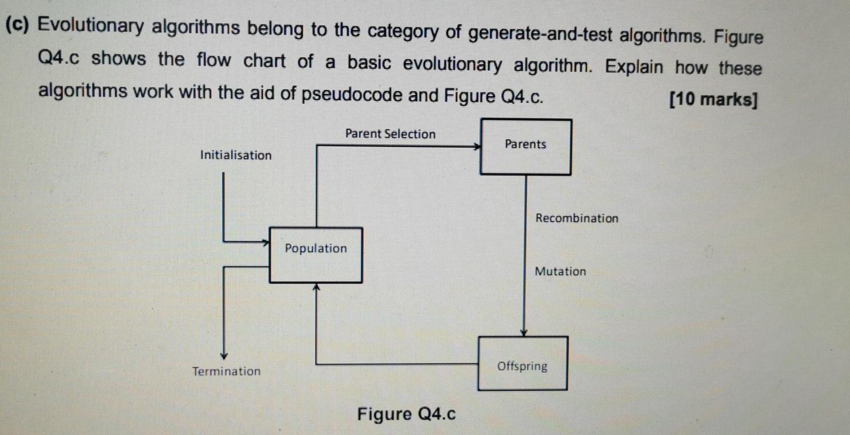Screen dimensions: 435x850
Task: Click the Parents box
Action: pos(526,147)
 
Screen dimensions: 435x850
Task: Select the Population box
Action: pos(316,255)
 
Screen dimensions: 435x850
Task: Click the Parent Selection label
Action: pos(390,134)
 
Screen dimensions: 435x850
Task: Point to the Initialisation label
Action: pos(236,155)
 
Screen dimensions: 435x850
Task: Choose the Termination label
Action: pos(227,371)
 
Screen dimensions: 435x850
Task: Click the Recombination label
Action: pos(577,218)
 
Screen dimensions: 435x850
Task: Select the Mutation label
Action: pos(560,271)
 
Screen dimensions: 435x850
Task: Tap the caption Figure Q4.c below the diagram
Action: pos(407,414)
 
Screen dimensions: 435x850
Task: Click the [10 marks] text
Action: pos(714,100)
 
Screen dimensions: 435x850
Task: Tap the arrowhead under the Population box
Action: pos(316,287)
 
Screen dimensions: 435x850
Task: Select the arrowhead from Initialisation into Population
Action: pos(265,242)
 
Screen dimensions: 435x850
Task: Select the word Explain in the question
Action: pos(634,67)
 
